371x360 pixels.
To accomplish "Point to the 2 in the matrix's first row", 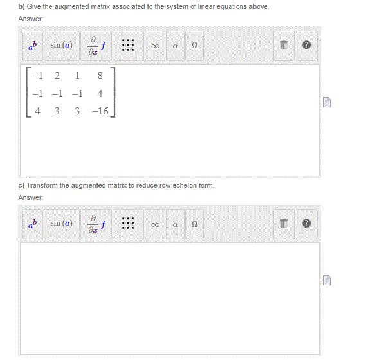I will click(x=57, y=77).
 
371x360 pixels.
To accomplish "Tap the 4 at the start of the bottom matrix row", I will click(x=38, y=111).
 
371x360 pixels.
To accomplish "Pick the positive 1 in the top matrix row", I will click(x=77, y=77).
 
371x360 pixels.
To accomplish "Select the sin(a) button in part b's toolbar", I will click(x=61, y=46).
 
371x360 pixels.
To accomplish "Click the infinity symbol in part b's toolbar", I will click(x=155, y=46).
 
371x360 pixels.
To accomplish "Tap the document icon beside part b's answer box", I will click(x=327, y=102).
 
